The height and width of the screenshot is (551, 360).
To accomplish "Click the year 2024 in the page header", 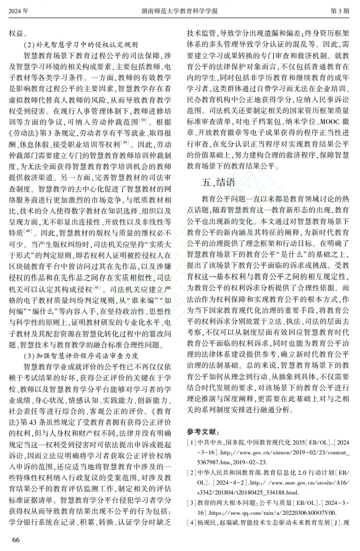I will click(x=19, y=10).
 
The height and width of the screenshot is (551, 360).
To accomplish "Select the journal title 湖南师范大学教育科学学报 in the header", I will click(x=179, y=10).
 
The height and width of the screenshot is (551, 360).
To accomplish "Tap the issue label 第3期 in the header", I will click(x=340, y=10).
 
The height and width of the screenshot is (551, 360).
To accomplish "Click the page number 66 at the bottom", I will click(x=15, y=539).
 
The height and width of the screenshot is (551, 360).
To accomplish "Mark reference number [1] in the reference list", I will click(x=192, y=443).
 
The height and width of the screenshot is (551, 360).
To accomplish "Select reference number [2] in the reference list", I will click(x=192, y=473).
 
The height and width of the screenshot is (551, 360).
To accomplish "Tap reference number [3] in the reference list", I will click(x=192, y=503).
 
